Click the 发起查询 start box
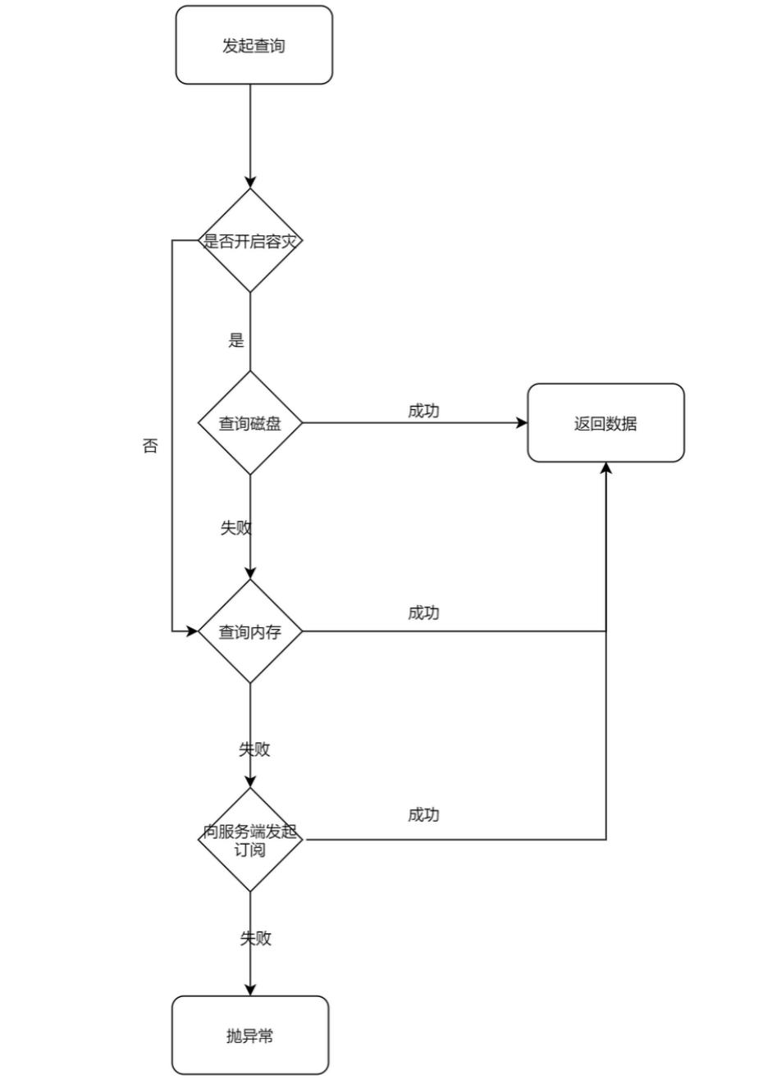253,45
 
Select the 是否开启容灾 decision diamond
250,241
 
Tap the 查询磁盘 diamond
250,423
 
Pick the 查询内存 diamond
250,631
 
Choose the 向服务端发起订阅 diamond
250,840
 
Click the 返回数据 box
605,423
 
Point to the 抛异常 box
250,1036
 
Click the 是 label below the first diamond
236,340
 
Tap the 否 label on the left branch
150,447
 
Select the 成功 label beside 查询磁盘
423,411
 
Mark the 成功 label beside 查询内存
423,613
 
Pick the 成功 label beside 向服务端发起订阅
423,814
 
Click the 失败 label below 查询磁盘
235,527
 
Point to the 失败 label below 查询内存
254,749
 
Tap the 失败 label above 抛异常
255,938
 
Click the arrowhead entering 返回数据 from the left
522,423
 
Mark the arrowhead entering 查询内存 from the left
193,631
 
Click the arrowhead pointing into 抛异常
250,990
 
